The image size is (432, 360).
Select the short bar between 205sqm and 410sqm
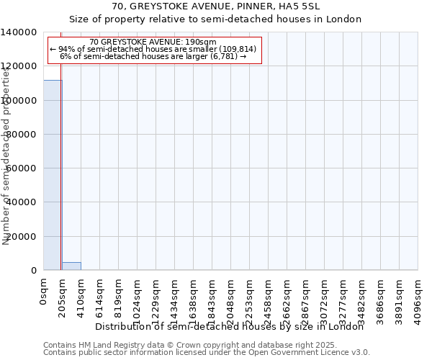pyautogui.click(x=71, y=266)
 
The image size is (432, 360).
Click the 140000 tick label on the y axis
pyautogui.click(x=19, y=32)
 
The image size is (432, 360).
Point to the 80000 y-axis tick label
pyautogui.click(x=22, y=135)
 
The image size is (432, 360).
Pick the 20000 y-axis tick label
pyautogui.click(x=22, y=237)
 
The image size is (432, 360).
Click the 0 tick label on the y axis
pyautogui.click(x=34, y=271)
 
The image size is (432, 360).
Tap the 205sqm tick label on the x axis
pyautogui.click(x=63, y=296)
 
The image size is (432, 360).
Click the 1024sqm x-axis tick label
pyautogui.click(x=138, y=298)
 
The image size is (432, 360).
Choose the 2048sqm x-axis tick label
pyautogui.click(x=231, y=298)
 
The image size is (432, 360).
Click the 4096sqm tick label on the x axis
pyautogui.click(x=418, y=298)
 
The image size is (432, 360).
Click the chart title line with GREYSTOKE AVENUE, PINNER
pyautogui.click(x=216, y=6)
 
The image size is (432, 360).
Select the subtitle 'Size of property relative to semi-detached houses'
pyautogui.click(x=216, y=19)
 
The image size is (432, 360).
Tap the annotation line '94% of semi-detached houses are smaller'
pyautogui.click(x=154, y=49)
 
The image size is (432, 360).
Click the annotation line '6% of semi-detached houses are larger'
pyautogui.click(x=153, y=56)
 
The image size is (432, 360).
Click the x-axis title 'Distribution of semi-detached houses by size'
pyautogui.click(x=230, y=327)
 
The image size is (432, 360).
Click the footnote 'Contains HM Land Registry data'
pyautogui.click(x=205, y=345)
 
